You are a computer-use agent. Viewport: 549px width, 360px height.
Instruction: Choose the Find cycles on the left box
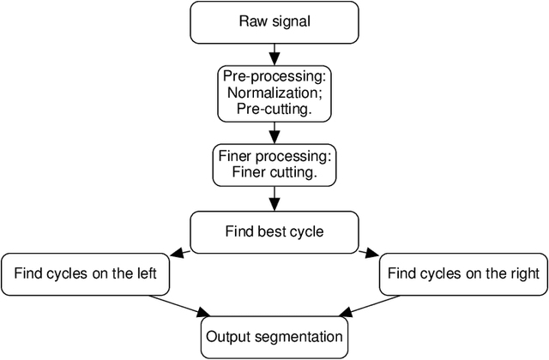point(85,274)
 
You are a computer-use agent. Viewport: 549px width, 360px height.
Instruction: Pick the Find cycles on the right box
point(463,274)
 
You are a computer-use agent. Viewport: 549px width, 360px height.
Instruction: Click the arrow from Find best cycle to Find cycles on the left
point(181,251)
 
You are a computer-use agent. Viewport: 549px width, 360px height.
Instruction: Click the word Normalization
point(273,91)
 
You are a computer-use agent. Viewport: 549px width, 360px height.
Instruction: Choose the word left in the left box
point(145,274)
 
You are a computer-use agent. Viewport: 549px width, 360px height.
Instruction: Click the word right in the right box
point(522,274)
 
